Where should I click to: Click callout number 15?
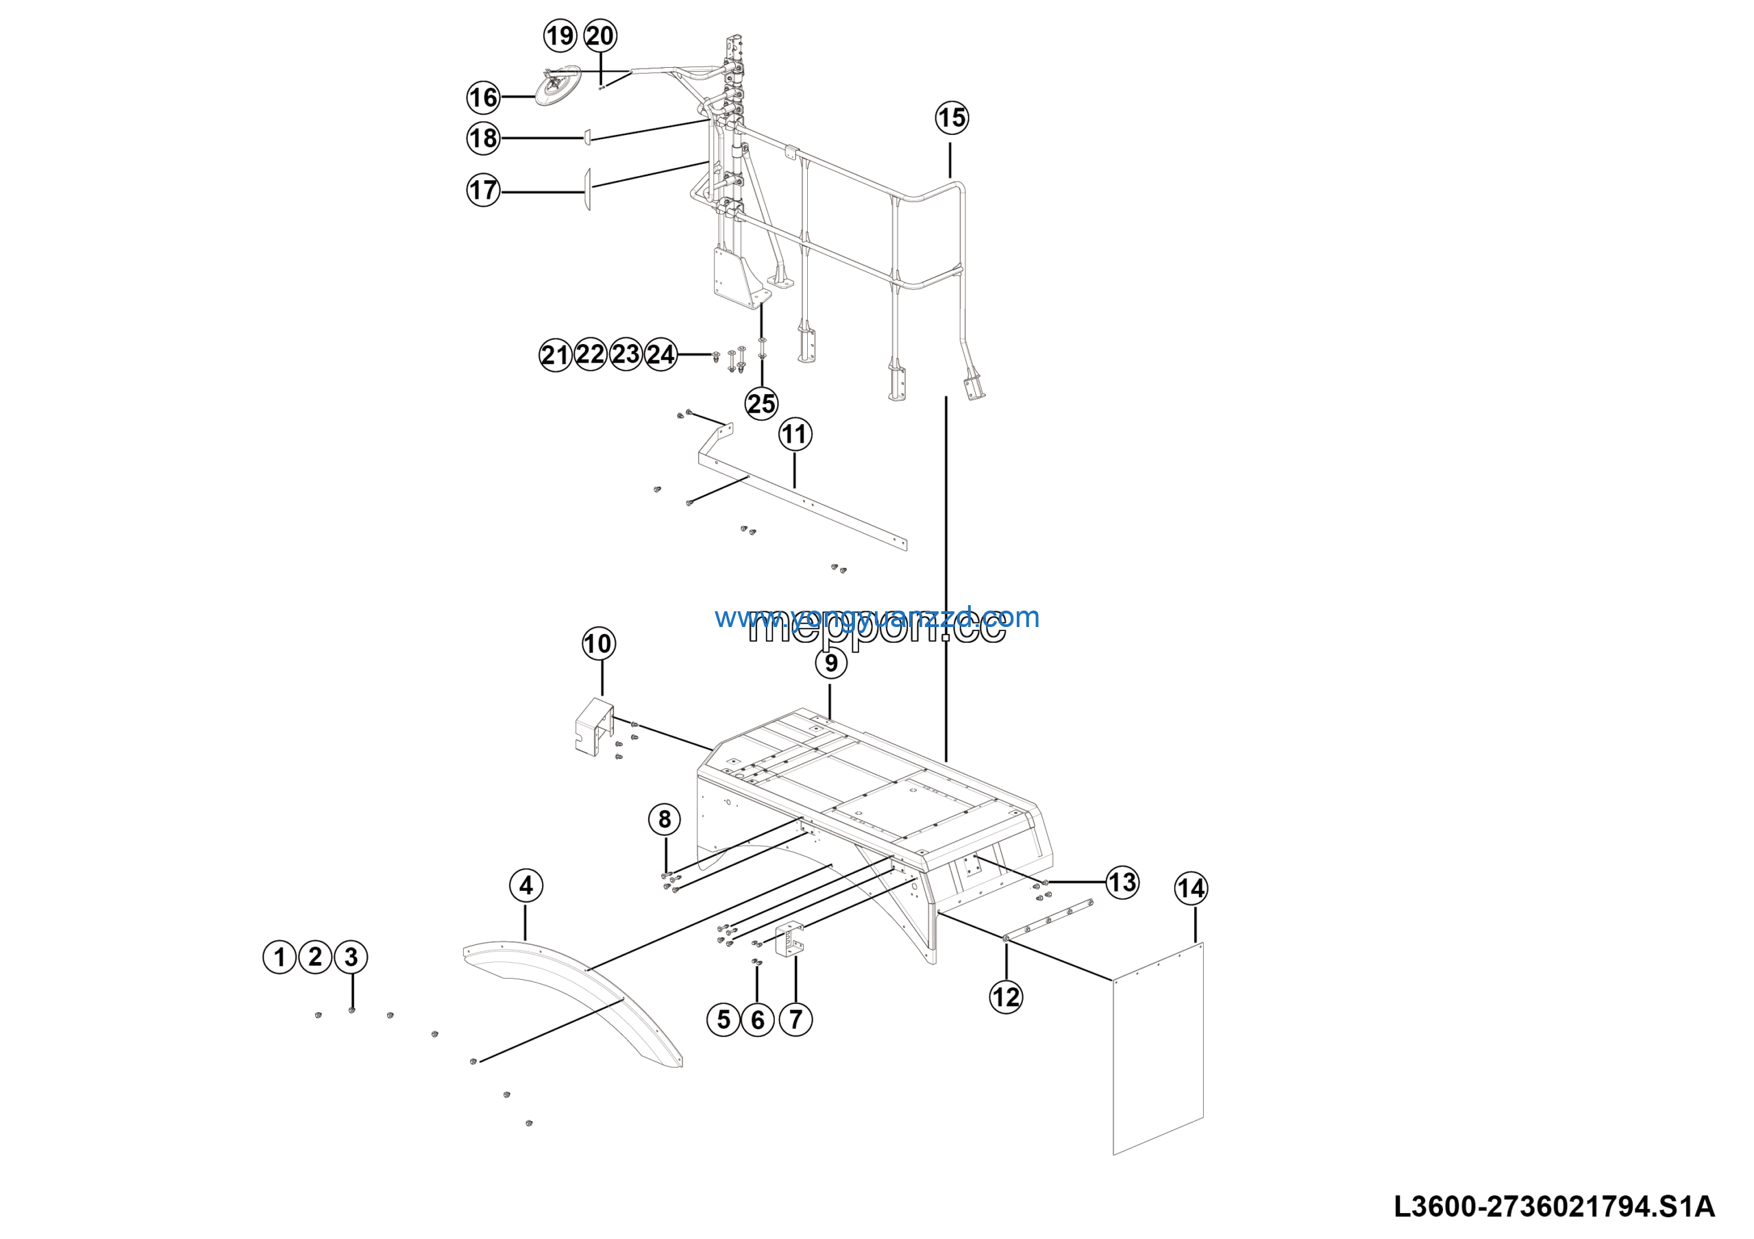[x=951, y=118]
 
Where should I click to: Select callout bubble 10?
[x=598, y=643]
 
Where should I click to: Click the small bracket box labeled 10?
[x=593, y=725]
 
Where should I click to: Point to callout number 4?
[x=526, y=885]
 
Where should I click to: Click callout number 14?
[x=1191, y=888]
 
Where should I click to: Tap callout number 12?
[x=1005, y=997]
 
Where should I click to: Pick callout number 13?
[x=1122, y=882]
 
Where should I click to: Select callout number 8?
[x=665, y=819]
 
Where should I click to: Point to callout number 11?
[x=795, y=434]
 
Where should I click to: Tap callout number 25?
[x=761, y=404]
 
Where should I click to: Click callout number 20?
[x=600, y=36]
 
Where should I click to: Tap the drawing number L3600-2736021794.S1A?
[x=1555, y=1207]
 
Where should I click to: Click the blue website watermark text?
[x=876, y=617]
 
